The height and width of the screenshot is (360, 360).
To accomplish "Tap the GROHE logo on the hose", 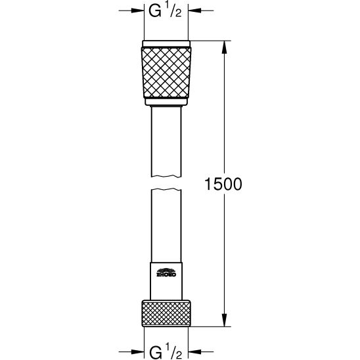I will coord(166,273).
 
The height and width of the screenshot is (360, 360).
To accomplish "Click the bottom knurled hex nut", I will coord(167,313).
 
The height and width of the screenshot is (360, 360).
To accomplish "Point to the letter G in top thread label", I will coord(154,11).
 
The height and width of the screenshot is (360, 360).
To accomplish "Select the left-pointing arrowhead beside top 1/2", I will coord(194,11).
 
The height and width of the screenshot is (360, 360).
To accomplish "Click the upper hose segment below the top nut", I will coord(167,141).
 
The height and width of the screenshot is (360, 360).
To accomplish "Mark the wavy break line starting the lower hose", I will coord(167,191).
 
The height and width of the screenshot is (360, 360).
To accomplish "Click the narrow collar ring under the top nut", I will coord(167,104).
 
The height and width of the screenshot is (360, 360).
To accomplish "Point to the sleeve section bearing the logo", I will coord(167,279).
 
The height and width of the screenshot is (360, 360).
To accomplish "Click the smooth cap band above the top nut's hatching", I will coord(167,44).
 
